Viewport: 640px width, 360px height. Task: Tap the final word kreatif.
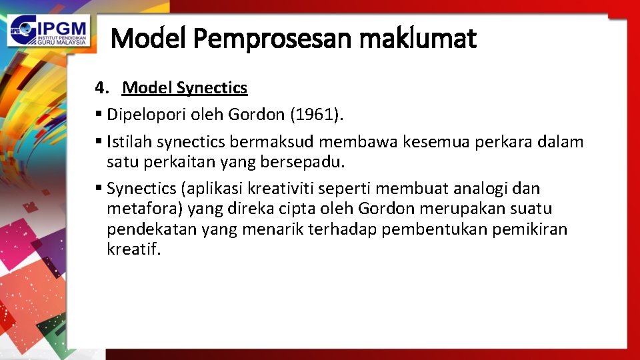[x=133, y=250]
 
